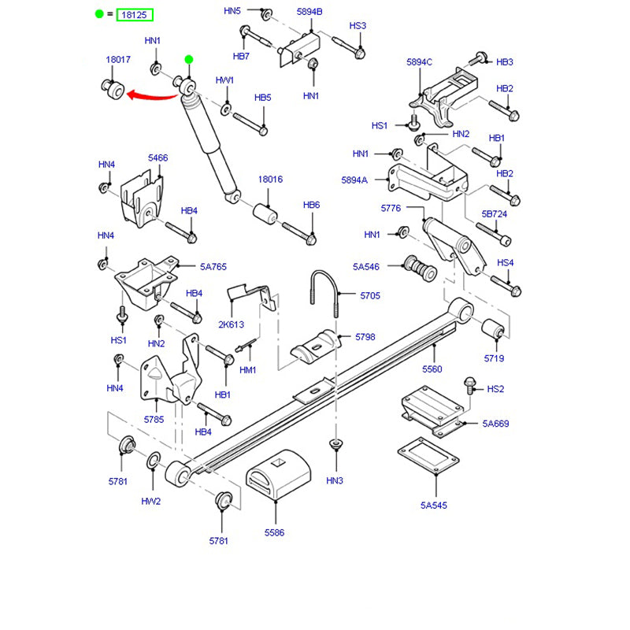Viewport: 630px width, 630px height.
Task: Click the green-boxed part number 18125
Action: pos(135,15)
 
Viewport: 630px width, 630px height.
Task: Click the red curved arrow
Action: pos(153,96)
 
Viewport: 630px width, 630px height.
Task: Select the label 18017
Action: pos(118,60)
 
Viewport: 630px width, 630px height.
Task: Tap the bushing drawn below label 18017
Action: pos(113,90)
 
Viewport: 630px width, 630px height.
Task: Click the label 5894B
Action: pos(309,11)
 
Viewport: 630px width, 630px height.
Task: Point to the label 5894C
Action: pos(420,62)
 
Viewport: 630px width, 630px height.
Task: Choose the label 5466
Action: pos(158,158)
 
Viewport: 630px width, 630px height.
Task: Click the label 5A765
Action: pos(213,267)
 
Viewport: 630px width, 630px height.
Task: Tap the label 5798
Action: pos(365,337)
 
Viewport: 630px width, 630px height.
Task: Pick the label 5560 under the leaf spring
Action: pos(432,369)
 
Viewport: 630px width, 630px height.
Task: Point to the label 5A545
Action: pos(433,505)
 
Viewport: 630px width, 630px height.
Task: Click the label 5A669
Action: pos(496,424)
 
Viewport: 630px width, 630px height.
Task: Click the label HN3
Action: pos(335,480)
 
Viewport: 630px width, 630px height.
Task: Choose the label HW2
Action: pos(151,501)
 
